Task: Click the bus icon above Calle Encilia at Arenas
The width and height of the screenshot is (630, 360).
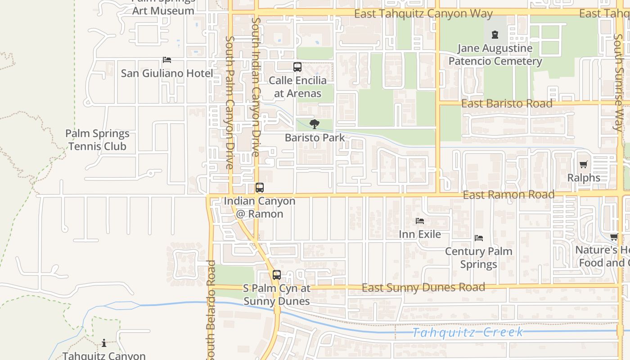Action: pos(297,67)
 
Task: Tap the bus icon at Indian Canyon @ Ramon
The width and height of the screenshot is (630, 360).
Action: pos(260,188)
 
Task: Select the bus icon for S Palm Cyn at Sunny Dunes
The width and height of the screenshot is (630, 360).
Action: pos(276,274)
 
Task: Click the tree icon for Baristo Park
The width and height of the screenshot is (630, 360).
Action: pos(315,124)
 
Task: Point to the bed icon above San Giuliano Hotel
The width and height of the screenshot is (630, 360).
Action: pos(167,60)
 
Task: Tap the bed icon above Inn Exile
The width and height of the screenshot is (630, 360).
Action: pos(420,220)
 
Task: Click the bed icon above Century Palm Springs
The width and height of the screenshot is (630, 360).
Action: pos(479,238)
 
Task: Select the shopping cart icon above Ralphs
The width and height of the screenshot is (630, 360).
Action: pos(583,165)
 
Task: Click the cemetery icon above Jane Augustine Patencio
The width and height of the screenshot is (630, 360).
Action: pos(495,34)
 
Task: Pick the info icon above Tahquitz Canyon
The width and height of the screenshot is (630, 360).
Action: pos(104,343)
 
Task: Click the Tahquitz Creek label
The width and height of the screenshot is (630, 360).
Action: pos(468,333)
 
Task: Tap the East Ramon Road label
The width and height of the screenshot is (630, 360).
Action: pos(508,195)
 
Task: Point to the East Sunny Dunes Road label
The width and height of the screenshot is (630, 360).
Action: pos(423,287)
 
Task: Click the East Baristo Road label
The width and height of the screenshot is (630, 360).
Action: pos(507,103)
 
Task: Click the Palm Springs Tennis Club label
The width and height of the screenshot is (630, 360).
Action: pos(97,140)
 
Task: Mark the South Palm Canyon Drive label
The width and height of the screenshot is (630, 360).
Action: pos(229,103)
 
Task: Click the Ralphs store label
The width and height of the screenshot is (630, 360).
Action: pos(584,178)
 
